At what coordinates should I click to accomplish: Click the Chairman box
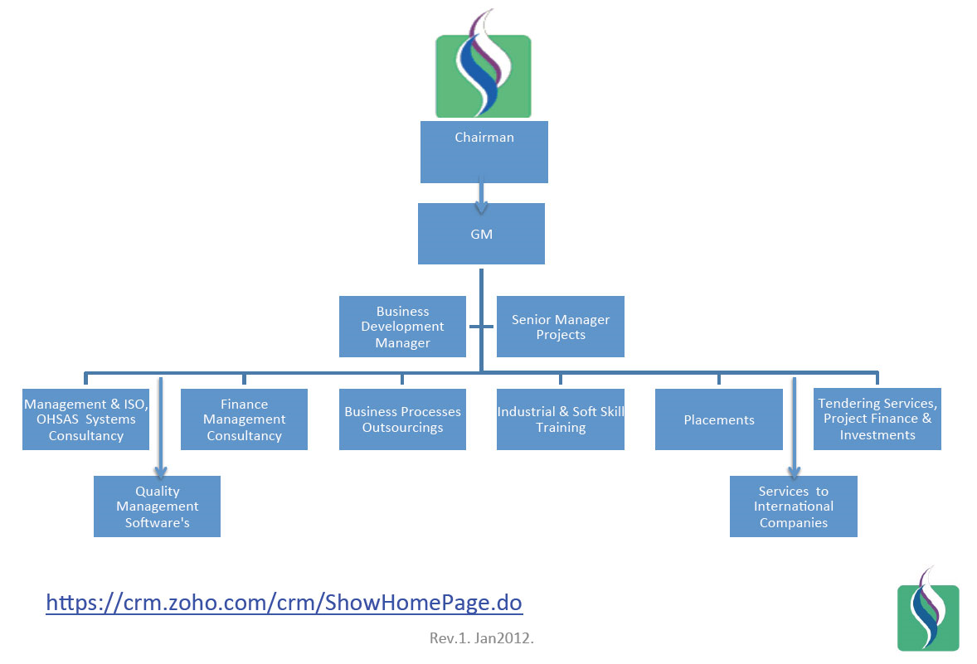(x=484, y=153)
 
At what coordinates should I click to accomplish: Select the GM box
(x=481, y=234)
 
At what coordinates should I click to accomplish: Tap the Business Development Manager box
(x=402, y=327)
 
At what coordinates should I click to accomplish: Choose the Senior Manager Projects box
(x=561, y=327)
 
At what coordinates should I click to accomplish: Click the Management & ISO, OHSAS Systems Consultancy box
(x=85, y=419)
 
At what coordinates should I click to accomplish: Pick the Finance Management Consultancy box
(x=244, y=419)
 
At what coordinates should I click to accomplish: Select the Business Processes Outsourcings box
(x=402, y=419)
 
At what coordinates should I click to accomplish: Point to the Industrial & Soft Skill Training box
(x=561, y=419)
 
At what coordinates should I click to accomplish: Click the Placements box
(x=719, y=419)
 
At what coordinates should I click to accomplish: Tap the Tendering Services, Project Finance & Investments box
(x=877, y=419)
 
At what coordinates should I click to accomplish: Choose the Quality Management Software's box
(x=157, y=506)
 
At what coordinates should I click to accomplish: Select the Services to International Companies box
(x=794, y=506)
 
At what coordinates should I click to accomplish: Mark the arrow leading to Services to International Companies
(x=795, y=431)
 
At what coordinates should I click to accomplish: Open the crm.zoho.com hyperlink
(x=284, y=602)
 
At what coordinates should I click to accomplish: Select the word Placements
(x=719, y=420)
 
